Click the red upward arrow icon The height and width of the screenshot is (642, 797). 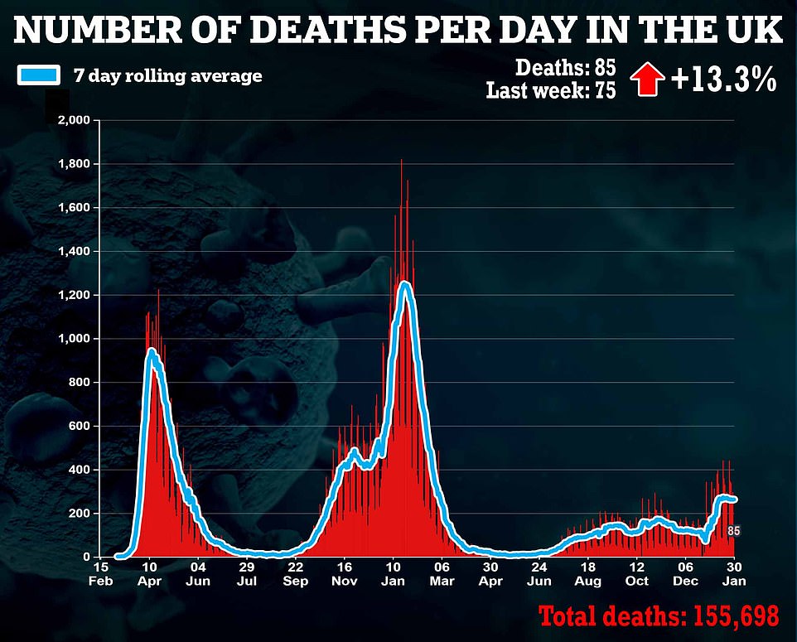tap(648, 80)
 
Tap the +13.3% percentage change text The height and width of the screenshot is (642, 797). tap(723, 80)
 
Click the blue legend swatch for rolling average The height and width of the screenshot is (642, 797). tap(38, 75)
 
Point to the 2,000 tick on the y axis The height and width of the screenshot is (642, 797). tap(72, 121)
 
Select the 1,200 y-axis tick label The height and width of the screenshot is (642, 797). tap(72, 296)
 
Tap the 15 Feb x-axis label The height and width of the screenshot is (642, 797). tap(99, 574)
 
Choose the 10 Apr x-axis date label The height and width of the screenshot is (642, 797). tap(148, 574)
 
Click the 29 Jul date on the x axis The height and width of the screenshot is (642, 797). tap(246, 574)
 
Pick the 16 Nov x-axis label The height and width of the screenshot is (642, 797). tap(344, 574)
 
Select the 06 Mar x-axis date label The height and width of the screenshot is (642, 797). tap(442, 574)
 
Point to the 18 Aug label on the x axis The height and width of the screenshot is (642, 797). tap(588, 574)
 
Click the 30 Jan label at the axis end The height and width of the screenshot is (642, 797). tap(733, 574)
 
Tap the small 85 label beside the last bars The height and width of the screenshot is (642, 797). tap(733, 531)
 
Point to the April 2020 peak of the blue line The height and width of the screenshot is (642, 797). tap(152, 351)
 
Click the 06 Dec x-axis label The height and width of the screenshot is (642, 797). tap(685, 574)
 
